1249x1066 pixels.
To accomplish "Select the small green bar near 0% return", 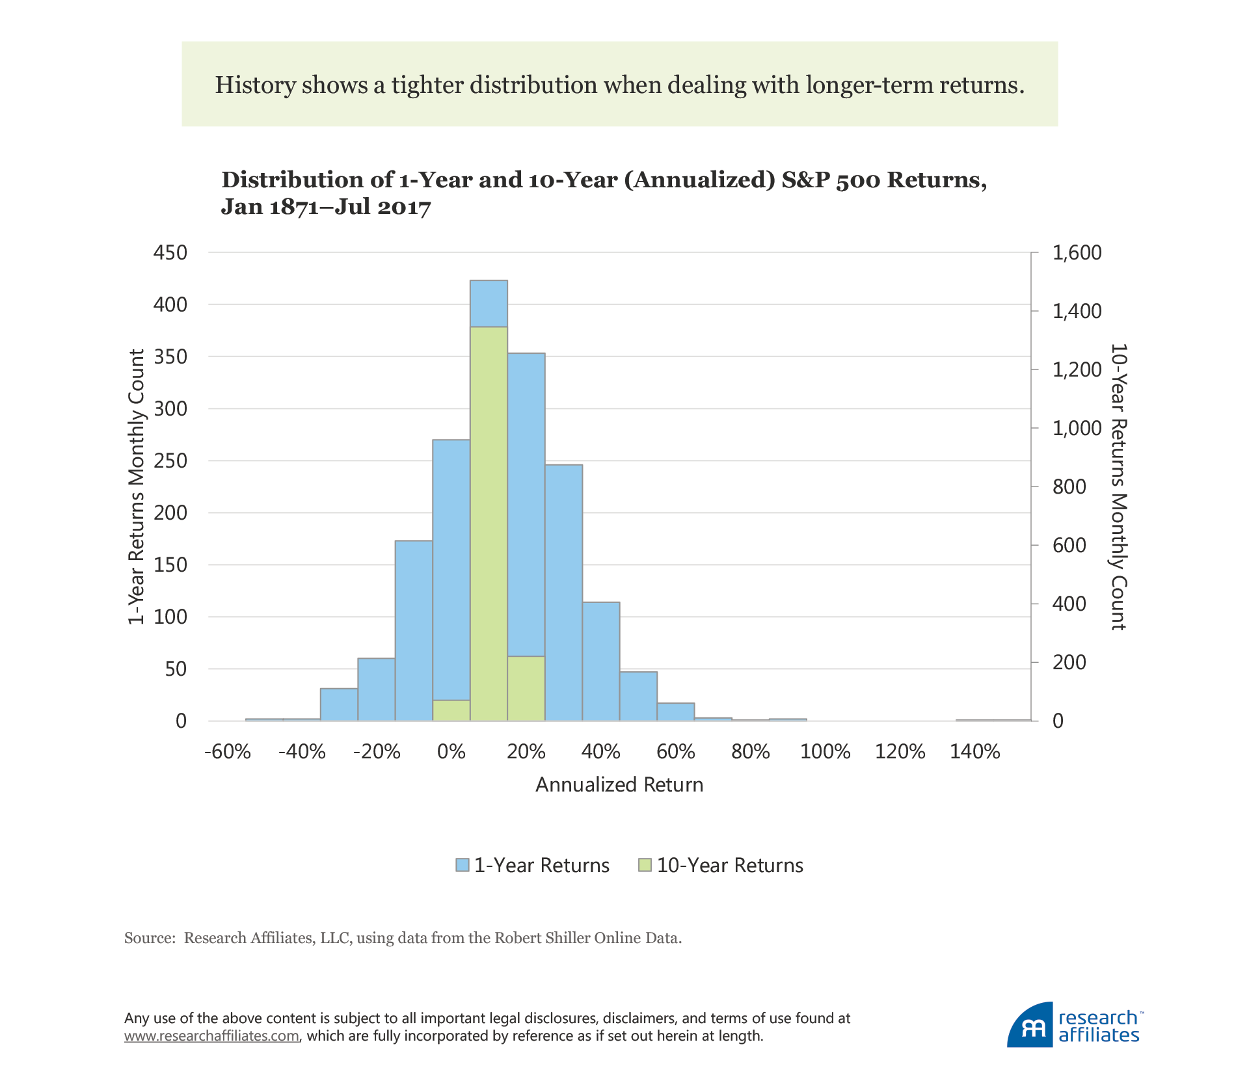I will click(x=451, y=710).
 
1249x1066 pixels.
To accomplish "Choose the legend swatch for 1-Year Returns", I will click(x=463, y=865).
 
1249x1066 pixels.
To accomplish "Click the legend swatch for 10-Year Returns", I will click(x=645, y=865).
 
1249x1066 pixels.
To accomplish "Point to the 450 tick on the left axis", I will click(x=170, y=252).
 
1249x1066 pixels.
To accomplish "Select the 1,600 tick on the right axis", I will click(x=1077, y=252).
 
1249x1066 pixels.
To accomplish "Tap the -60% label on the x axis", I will click(x=227, y=752).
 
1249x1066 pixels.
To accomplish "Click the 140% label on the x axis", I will click(x=974, y=752).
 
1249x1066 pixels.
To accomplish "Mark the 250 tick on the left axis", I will click(x=170, y=460).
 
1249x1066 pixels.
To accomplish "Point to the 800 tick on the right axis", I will click(x=1069, y=486).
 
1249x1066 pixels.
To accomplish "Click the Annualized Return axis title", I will click(x=619, y=785).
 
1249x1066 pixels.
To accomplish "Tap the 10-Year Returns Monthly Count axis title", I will click(x=1118, y=487).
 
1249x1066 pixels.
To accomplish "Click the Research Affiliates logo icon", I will click(x=1030, y=1026).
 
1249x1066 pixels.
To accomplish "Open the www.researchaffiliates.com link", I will click(x=211, y=1036).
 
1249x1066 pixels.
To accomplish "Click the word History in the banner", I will click(x=255, y=85).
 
